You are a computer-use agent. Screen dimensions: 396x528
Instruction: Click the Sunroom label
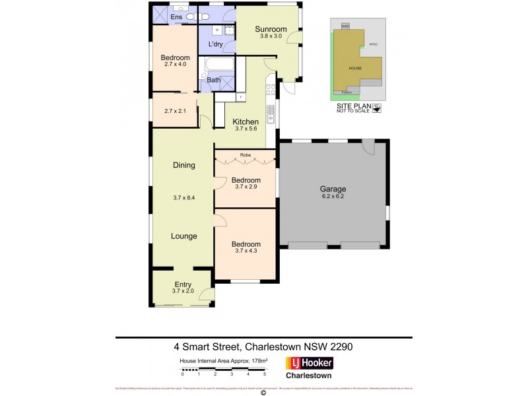[271, 29]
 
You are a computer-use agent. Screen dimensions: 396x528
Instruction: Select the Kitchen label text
[245, 121]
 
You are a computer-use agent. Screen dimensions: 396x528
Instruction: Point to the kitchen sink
[270, 114]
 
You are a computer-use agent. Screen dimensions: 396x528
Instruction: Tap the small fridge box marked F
[240, 97]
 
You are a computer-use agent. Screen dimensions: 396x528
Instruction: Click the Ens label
[176, 16]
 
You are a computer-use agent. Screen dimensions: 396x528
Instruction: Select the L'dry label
[215, 44]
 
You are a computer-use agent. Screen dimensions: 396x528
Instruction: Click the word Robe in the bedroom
[245, 156]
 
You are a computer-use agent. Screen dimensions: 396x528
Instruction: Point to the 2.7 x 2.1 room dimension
[175, 111]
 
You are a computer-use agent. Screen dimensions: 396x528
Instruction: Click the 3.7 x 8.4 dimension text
[184, 197]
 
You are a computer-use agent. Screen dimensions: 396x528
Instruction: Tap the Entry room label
[183, 284]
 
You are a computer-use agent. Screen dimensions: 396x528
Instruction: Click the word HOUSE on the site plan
[355, 68]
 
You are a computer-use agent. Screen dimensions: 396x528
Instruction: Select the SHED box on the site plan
[345, 26]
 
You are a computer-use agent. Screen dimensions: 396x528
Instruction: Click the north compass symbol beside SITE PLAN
[377, 109]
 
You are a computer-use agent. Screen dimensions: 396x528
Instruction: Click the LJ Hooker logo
[309, 363]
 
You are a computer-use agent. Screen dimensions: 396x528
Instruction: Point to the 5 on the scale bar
[264, 374]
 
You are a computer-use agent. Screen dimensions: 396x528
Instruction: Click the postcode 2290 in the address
[343, 346]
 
